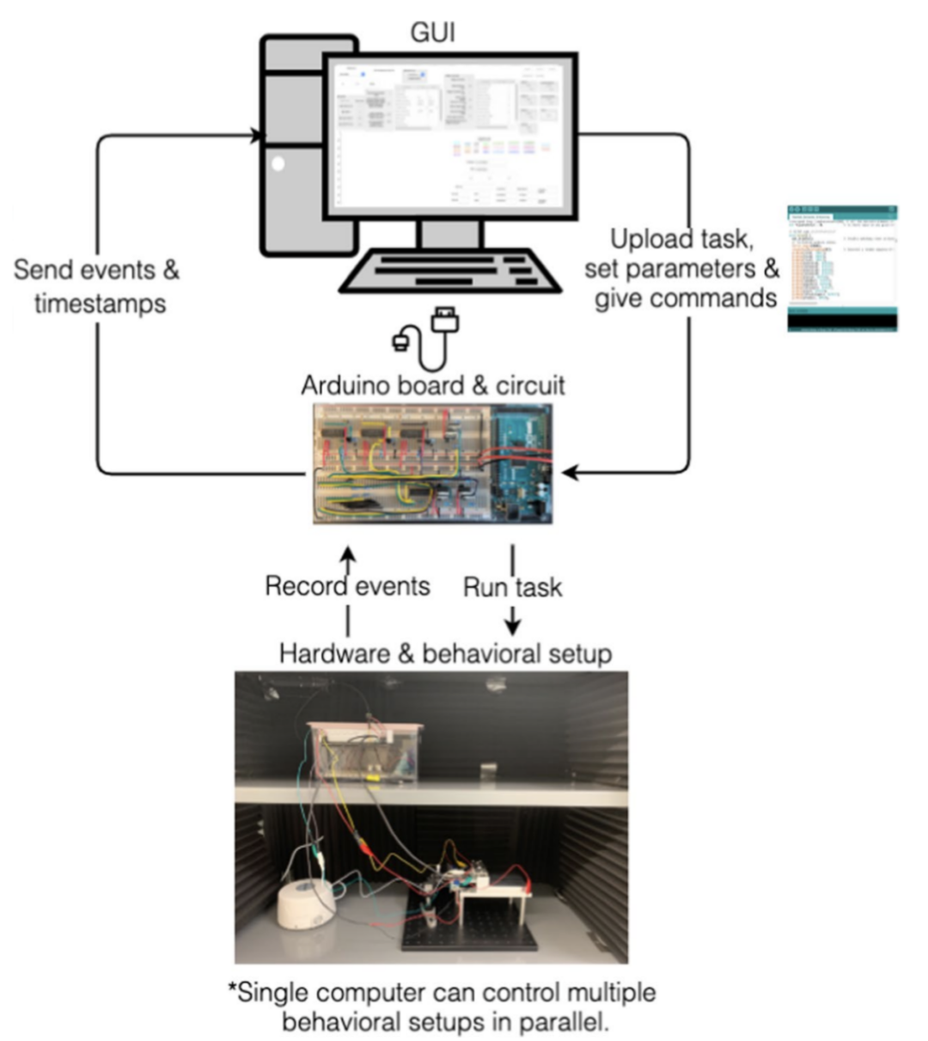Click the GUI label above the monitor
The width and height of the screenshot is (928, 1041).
pos(432,33)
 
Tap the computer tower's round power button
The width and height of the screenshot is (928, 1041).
pos(277,163)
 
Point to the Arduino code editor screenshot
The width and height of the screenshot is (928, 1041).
pos(842,268)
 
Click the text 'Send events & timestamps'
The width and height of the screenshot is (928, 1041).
pos(97,286)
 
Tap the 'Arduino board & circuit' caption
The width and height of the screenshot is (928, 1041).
pos(433,384)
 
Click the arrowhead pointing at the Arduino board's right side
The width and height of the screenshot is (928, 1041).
pos(569,472)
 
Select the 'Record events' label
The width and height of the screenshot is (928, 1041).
pos(347,586)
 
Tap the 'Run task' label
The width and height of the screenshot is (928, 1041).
pos(512,588)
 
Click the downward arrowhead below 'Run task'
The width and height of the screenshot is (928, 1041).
pos(512,627)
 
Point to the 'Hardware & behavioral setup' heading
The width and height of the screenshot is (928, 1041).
pos(445,653)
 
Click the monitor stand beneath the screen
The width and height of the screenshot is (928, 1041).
pos(448,234)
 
